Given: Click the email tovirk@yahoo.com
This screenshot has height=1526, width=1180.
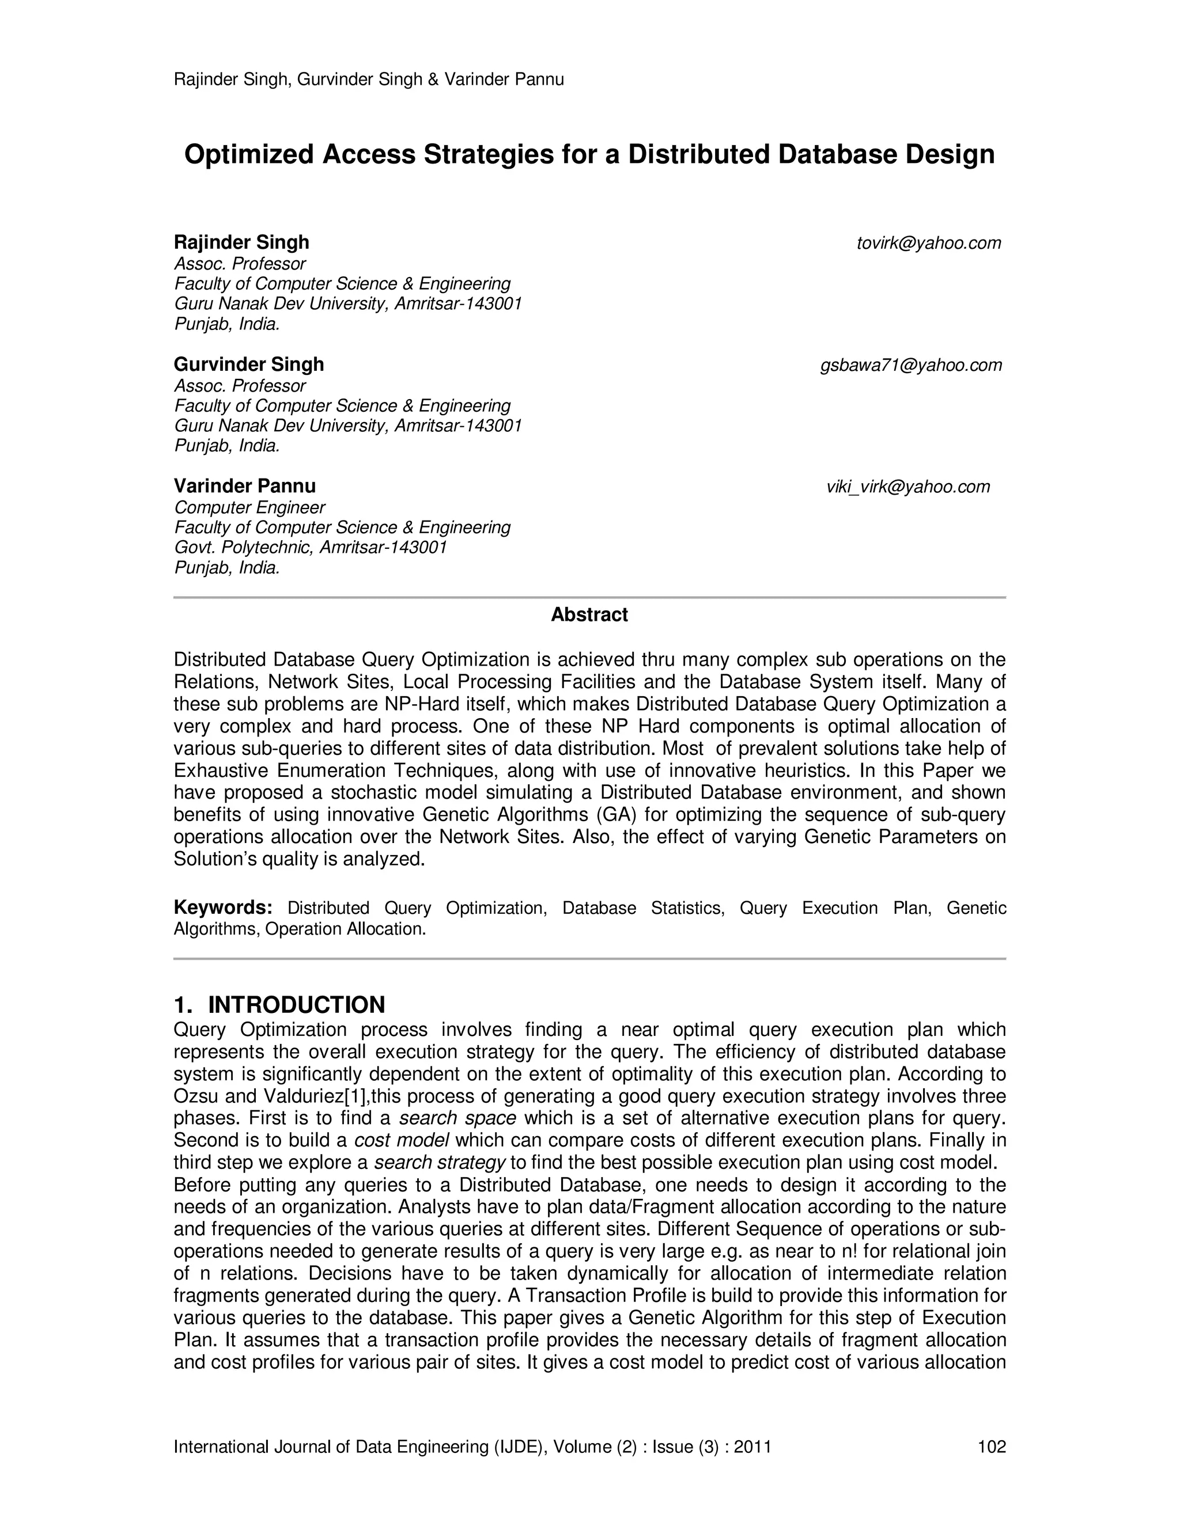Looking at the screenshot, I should click(x=928, y=243).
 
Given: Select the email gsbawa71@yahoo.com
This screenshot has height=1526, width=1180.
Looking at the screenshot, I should click(x=911, y=365).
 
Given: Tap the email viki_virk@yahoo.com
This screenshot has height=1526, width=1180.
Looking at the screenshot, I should click(x=908, y=487).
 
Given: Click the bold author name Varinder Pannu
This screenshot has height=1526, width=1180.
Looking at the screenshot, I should click(x=245, y=487).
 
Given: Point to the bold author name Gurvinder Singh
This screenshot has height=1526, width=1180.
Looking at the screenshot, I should click(x=249, y=365).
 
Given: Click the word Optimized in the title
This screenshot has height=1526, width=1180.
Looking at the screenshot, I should click(x=248, y=154).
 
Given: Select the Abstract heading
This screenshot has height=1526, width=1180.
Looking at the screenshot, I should click(x=589, y=615).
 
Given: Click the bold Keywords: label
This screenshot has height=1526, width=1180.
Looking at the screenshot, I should click(x=222, y=908).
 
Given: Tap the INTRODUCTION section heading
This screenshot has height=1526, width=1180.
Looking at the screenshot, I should click(x=296, y=1005).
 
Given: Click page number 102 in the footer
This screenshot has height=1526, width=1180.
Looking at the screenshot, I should click(x=991, y=1447).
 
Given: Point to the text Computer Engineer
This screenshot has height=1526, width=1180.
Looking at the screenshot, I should click(x=249, y=508).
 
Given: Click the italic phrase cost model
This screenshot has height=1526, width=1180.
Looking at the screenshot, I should click(x=401, y=1140).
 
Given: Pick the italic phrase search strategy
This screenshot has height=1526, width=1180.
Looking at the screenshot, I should click(x=440, y=1163).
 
